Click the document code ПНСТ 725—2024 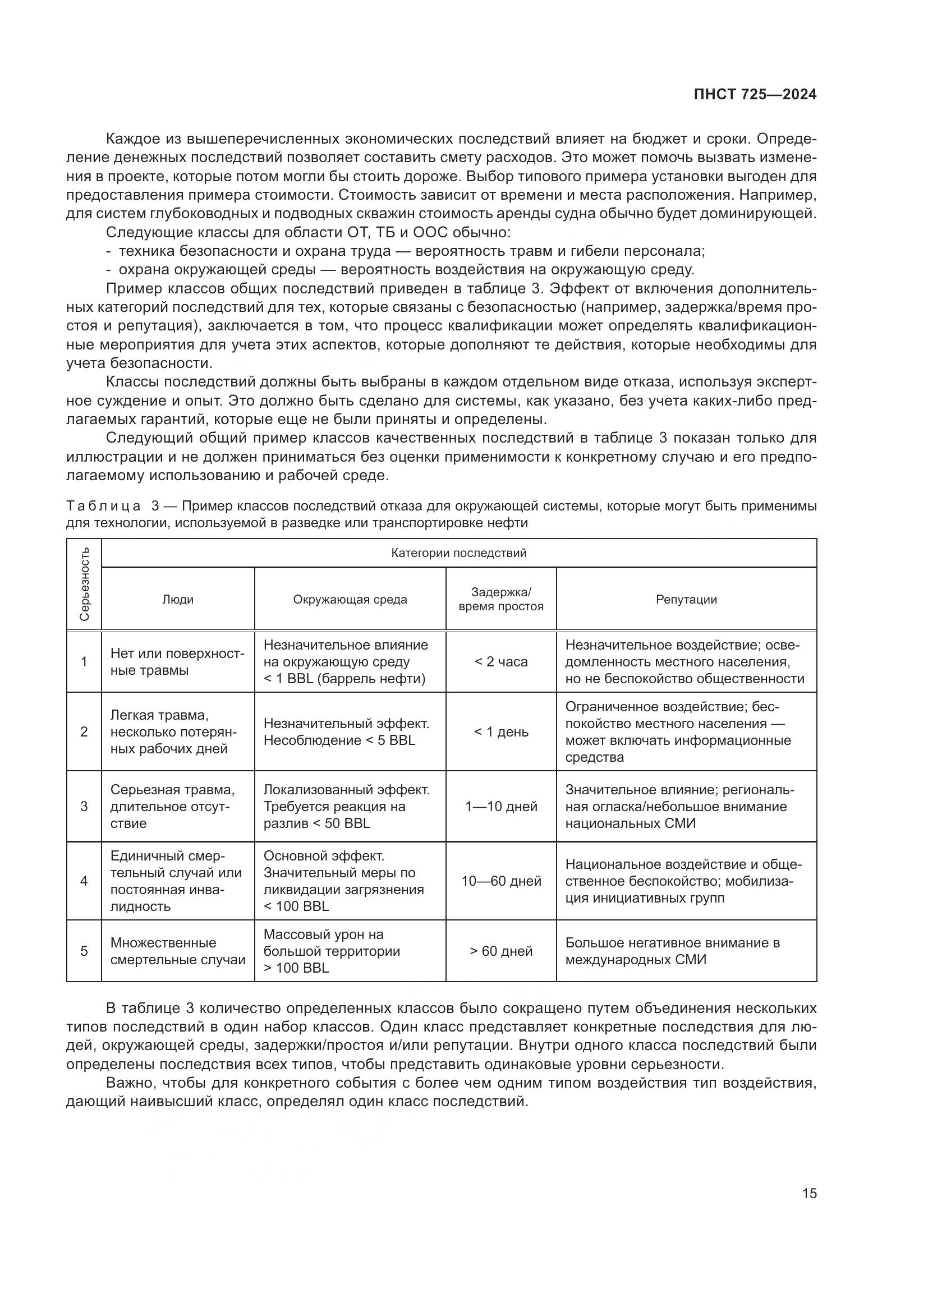click(x=755, y=95)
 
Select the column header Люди click(x=178, y=600)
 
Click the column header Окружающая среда click(x=350, y=600)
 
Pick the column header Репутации click(x=686, y=600)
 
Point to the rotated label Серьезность click(x=84, y=584)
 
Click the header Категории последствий click(x=458, y=553)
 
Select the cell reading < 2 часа click(x=500, y=662)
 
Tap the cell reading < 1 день click(x=500, y=731)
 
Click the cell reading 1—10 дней click(x=500, y=806)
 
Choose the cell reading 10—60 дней click(x=500, y=881)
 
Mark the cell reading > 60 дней click(x=500, y=951)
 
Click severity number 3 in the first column click(x=84, y=806)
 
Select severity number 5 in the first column click(x=84, y=951)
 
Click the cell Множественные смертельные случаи click(x=178, y=951)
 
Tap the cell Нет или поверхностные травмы click(x=177, y=662)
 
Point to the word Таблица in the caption click(x=103, y=507)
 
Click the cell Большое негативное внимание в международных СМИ click(x=673, y=951)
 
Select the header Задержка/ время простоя click(x=500, y=600)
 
